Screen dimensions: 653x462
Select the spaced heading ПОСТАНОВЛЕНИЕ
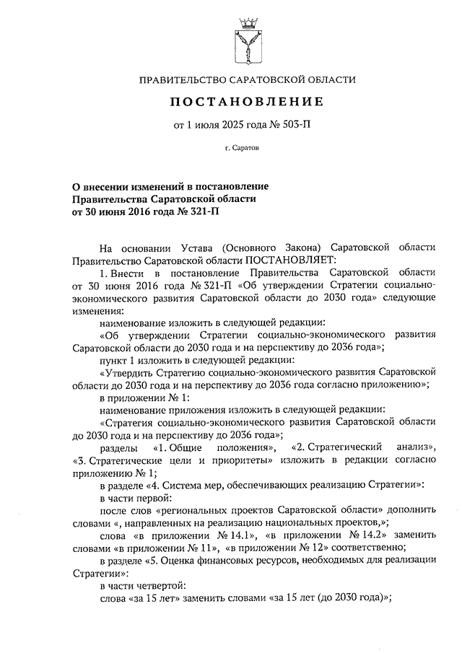(247, 102)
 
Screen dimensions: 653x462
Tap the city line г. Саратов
(247, 149)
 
